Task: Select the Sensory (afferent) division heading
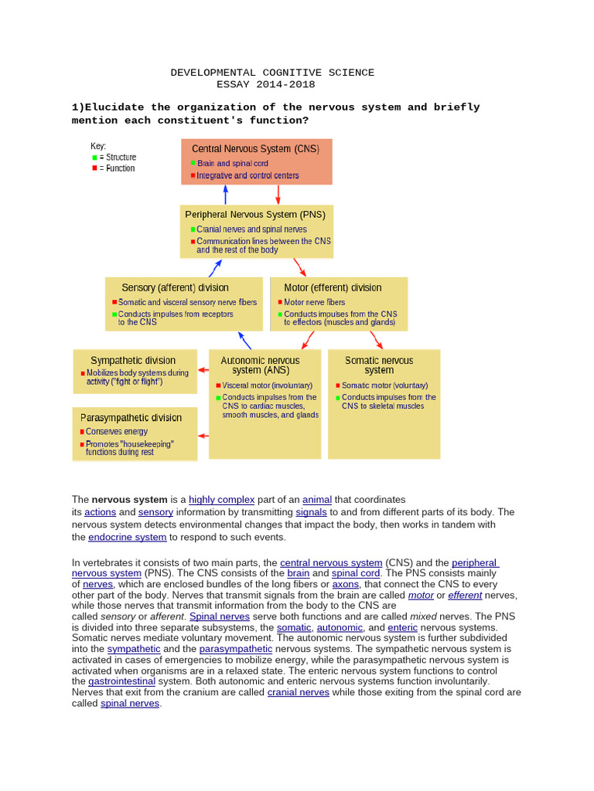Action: point(175,287)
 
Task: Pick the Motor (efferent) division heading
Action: point(333,287)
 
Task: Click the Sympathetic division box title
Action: point(133,360)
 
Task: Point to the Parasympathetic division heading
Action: point(131,417)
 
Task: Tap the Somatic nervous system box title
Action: point(379,365)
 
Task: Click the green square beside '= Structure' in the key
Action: point(95,158)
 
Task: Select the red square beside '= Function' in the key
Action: point(95,168)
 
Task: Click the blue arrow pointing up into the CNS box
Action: point(225,194)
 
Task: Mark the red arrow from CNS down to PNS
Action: point(278,194)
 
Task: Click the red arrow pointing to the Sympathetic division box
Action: point(203,370)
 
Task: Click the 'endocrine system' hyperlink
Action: point(127,537)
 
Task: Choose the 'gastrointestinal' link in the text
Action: point(121,681)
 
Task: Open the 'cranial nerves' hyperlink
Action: point(298,692)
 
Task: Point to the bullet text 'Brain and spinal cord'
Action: point(233,164)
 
